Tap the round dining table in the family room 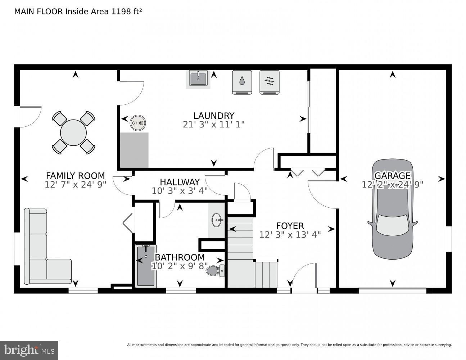point(73,132)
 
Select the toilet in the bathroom point(216,270)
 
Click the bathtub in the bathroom point(146,266)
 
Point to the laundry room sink point(198,78)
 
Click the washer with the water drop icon point(242,82)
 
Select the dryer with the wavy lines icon point(269,82)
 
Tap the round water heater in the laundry point(137,123)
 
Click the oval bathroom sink point(217,220)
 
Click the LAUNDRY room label point(214,116)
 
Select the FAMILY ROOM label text point(75,176)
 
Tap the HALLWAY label point(180,182)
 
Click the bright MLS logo point(29,350)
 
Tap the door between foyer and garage point(322,194)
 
